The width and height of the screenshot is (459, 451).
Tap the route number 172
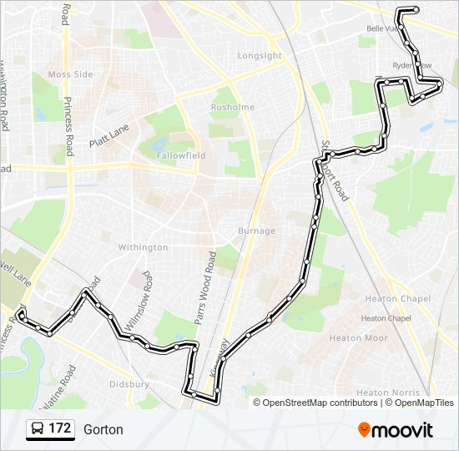(59, 429)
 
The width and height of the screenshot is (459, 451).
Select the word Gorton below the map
(103, 430)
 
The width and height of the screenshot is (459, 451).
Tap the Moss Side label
(70, 74)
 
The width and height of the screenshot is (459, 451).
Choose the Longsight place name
(260, 56)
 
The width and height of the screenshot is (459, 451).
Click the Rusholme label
(226, 107)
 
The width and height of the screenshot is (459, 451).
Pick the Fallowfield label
(184, 156)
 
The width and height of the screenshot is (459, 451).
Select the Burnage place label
(255, 231)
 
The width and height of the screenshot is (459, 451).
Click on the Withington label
(143, 247)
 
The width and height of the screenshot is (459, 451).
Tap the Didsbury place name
(129, 384)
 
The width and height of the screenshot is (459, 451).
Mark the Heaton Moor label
(358, 338)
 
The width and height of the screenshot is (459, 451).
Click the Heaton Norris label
(384, 392)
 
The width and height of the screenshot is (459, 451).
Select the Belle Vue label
(380, 28)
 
